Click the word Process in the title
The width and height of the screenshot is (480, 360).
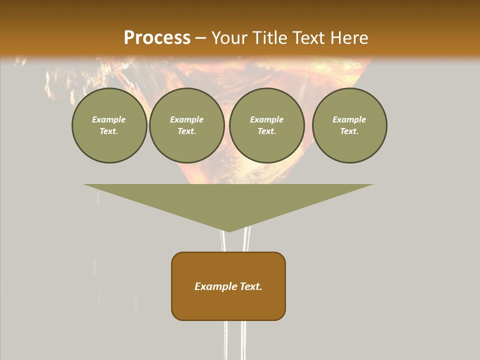[157, 38]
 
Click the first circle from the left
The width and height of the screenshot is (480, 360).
[109, 125]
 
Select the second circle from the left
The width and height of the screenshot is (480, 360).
[187, 125]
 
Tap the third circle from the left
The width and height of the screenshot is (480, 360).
[267, 125]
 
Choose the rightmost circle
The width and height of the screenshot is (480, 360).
[349, 125]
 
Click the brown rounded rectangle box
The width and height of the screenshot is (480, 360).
[228, 300]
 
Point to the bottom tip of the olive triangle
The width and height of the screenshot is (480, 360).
[228, 231]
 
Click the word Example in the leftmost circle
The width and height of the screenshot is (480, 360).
[109, 119]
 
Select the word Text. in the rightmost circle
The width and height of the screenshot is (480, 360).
[349, 131]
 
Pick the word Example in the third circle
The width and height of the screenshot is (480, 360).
[267, 119]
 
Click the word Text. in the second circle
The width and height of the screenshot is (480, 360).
[187, 131]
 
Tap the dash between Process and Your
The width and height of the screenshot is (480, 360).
[201, 38]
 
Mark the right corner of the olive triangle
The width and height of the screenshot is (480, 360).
[372, 185]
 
